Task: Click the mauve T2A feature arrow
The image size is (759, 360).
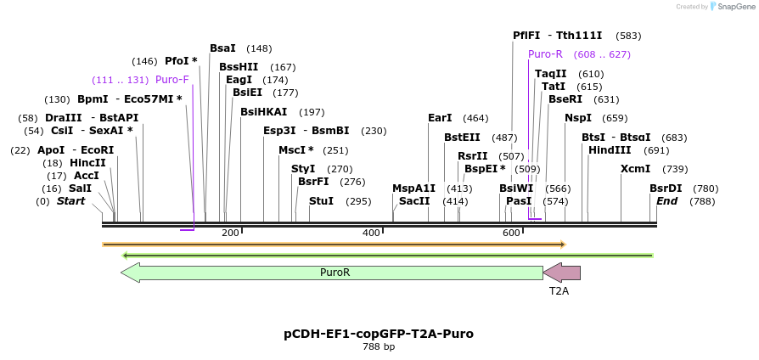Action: [x=562, y=273]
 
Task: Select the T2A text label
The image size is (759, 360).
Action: [x=559, y=290]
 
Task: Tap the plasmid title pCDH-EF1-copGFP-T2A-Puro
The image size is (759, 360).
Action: [x=379, y=334]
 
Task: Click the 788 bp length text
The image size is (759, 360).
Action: [x=379, y=347]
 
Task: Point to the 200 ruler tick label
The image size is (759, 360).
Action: [x=230, y=233]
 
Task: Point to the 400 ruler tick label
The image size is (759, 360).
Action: [x=371, y=233]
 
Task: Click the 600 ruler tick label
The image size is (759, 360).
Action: [x=511, y=233]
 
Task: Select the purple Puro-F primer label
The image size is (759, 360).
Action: [x=172, y=80]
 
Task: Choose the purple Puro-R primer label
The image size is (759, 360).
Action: [x=545, y=54]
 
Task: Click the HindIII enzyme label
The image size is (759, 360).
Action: [x=610, y=150]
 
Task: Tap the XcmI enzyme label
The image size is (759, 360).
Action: [x=635, y=169]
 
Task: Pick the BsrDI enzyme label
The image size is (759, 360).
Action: [x=666, y=188]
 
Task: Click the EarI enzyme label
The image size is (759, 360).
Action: [x=440, y=118]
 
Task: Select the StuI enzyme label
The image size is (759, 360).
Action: [x=321, y=201]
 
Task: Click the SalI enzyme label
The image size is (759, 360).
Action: [x=80, y=188]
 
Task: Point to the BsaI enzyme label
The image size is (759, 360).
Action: [x=222, y=48]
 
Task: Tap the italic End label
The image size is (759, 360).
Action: [x=666, y=201]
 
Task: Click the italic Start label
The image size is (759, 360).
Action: [x=71, y=201]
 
